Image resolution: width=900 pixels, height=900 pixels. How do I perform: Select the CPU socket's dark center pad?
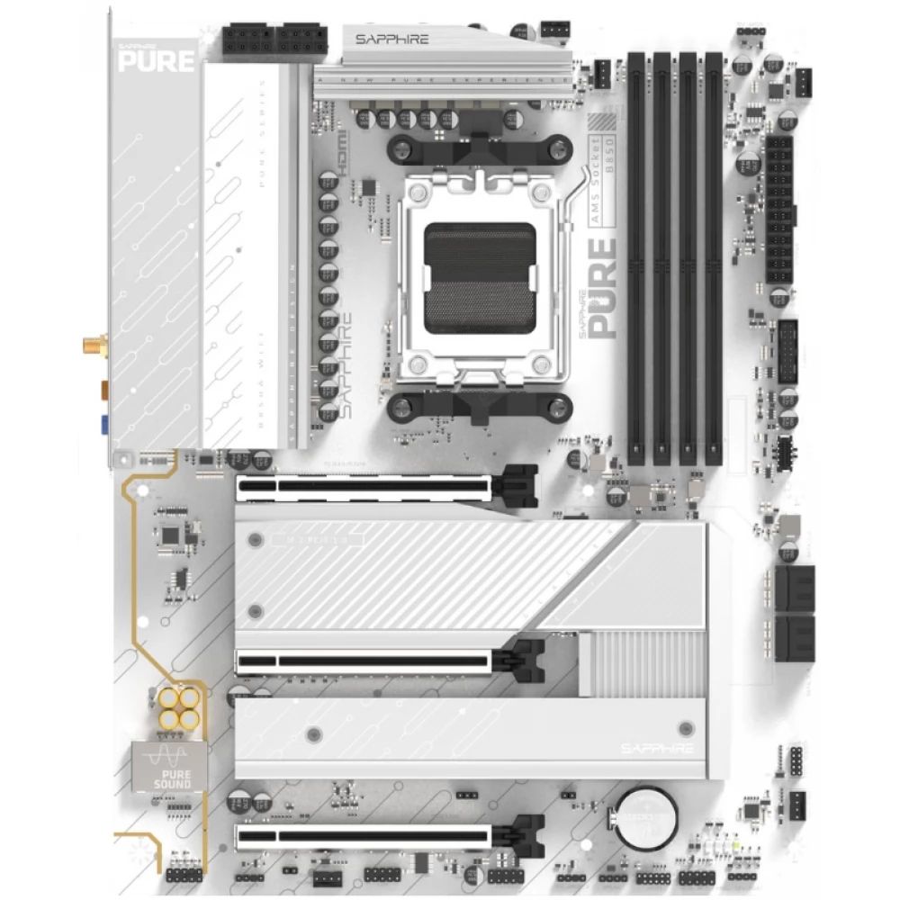pos(480,278)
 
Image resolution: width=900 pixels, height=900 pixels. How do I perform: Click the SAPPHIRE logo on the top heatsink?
pos(391,40)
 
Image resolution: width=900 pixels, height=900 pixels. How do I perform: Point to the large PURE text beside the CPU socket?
pos(602,288)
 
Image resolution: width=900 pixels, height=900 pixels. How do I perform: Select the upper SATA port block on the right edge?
pos(794,588)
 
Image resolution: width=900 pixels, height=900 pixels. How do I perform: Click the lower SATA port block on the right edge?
pos(794,638)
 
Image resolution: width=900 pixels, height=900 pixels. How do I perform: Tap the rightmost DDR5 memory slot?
pos(714,256)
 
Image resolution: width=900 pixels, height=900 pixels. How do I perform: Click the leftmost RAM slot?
pos(635,256)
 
